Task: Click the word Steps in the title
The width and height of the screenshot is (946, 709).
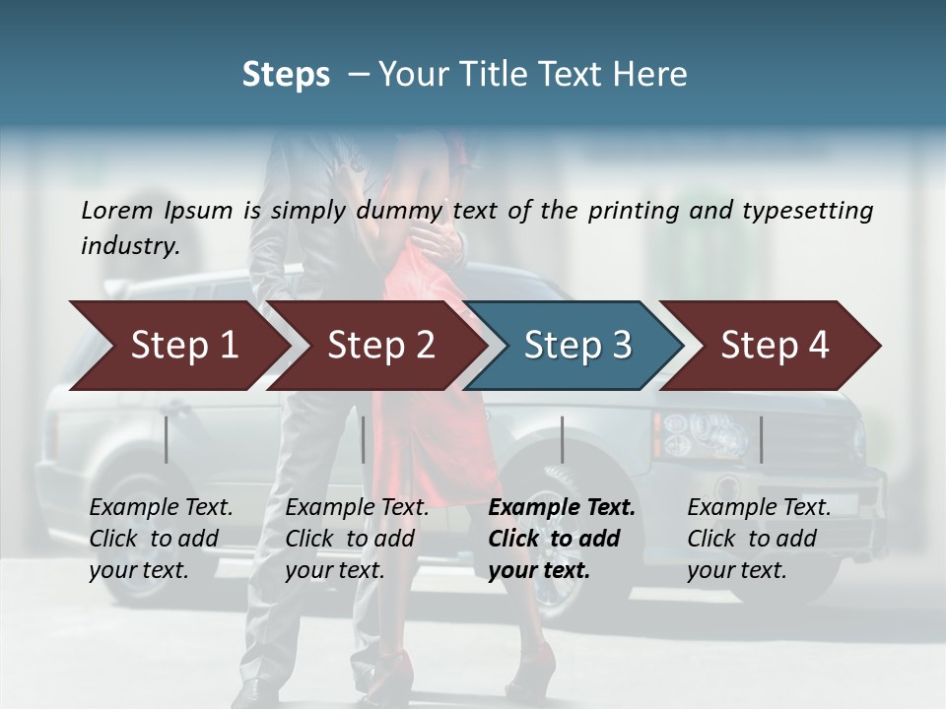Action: (x=286, y=75)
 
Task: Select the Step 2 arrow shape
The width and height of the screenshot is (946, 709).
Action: (x=380, y=345)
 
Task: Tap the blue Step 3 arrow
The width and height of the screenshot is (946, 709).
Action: (x=577, y=345)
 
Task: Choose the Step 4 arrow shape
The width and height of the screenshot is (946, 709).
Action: (x=775, y=345)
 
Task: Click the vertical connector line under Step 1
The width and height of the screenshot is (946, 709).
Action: (x=167, y=439)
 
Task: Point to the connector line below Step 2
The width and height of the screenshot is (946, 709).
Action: (x=364, y=439)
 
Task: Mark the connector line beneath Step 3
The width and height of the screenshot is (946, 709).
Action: (x=563, y=439)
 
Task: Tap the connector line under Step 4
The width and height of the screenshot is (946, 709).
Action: (x=762, y=439)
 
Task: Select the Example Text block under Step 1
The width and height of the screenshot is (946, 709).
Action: (x=161, y=539)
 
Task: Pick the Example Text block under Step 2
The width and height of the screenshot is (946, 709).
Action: (x=357, y=539)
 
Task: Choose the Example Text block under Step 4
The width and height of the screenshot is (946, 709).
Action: (x=759, y=539)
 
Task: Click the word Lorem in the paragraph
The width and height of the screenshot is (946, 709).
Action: (x=117, y=210)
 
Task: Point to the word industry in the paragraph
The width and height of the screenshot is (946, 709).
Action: (x=129, y=245)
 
